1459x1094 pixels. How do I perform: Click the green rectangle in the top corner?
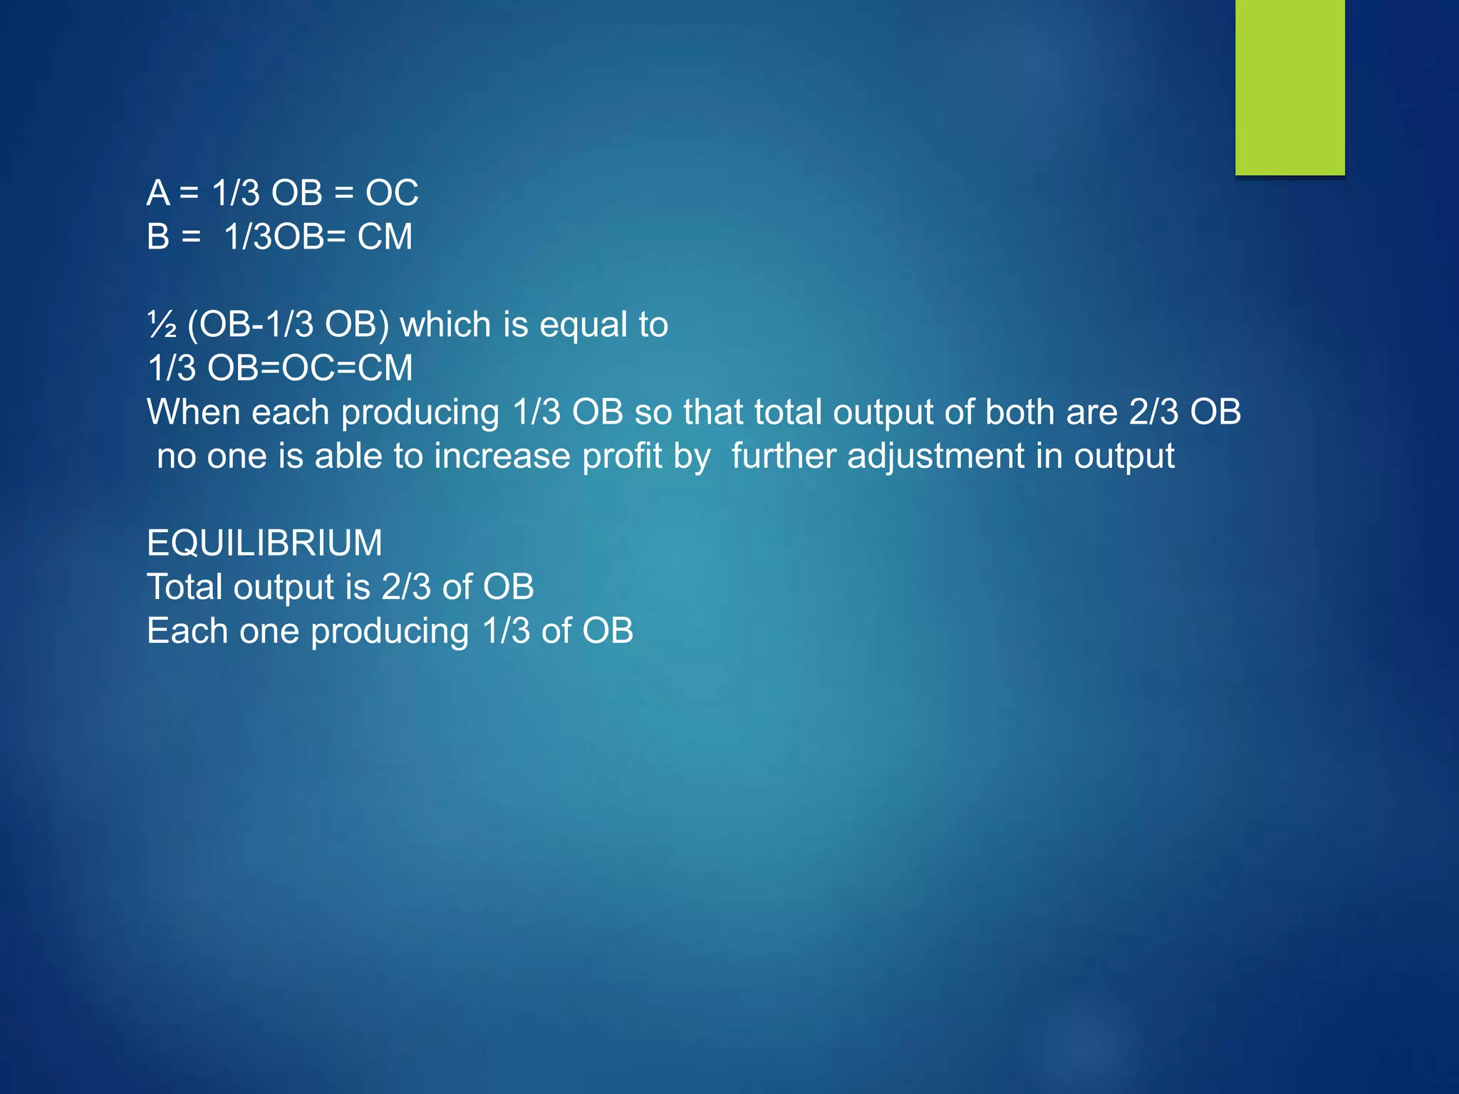pos(1289,87)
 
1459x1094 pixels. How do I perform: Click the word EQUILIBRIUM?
pos(264,543)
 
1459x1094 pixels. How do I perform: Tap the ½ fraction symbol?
pos(162,325)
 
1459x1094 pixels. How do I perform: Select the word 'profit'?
pos(622,457)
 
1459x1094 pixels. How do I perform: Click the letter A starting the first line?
pos(158,193)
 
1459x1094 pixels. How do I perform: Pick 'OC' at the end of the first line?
pos(392,193)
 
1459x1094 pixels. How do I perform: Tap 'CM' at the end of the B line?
pos(385,237)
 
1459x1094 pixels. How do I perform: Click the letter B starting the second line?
pos(158,237)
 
